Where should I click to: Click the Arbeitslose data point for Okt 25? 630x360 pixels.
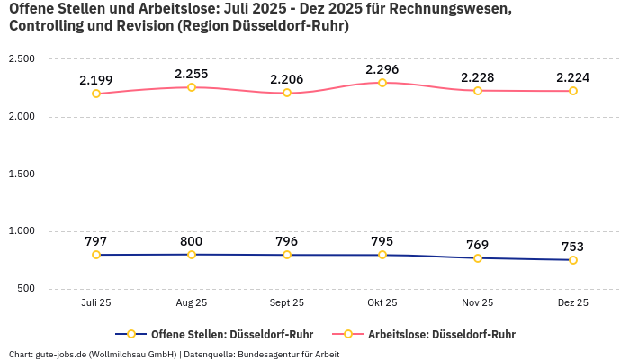click(x=382, y=83)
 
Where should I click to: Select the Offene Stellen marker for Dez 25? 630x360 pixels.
click(x=573, y=260)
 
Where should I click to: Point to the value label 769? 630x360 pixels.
click(x=478, y=245)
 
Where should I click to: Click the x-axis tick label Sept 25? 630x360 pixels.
click(x=287, y=303)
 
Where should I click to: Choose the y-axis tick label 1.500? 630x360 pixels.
click(x=22, y=174)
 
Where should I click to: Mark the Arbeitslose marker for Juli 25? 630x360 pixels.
click(x=96, y=94)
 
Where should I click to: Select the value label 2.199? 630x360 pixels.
click(x=96, y=81)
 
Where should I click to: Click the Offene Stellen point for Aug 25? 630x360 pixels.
click(x=192, y=255)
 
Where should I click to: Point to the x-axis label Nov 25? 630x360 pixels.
click(x=478, y=303)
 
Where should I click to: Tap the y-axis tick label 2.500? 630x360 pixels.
click(x=22, y=59)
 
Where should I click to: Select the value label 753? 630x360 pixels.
click(x=573, y=247)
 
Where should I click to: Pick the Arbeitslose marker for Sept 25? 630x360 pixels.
click(x=287, y=93)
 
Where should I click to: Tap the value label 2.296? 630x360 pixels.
click(x=382, y=69)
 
